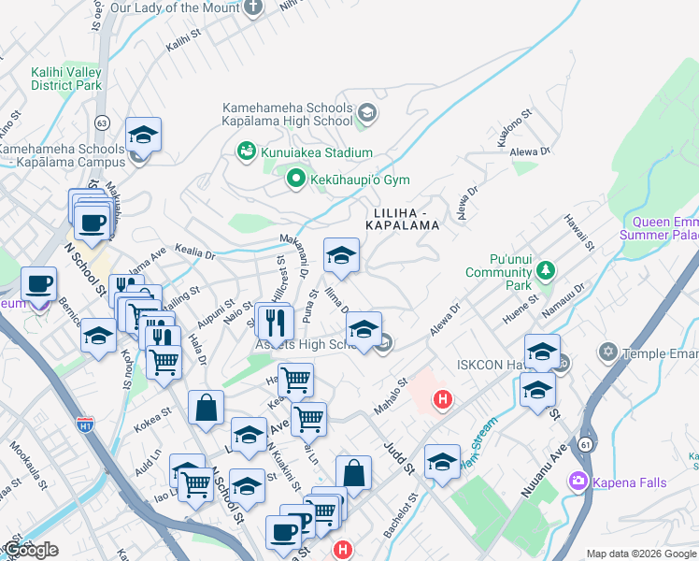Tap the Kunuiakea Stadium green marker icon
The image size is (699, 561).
tap(246, 151)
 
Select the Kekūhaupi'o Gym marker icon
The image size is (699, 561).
tap(296, 177)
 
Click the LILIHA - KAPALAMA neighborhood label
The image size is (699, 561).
tap(403, 220)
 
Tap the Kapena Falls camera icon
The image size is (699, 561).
tap(578, 482)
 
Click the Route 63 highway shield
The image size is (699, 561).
tap(102, 122)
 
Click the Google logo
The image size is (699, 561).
tap(31, 550)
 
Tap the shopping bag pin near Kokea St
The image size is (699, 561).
tap(206, 408)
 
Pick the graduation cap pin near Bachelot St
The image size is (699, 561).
tap(442, 462)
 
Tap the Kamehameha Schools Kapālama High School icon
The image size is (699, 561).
tap(367, 114)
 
